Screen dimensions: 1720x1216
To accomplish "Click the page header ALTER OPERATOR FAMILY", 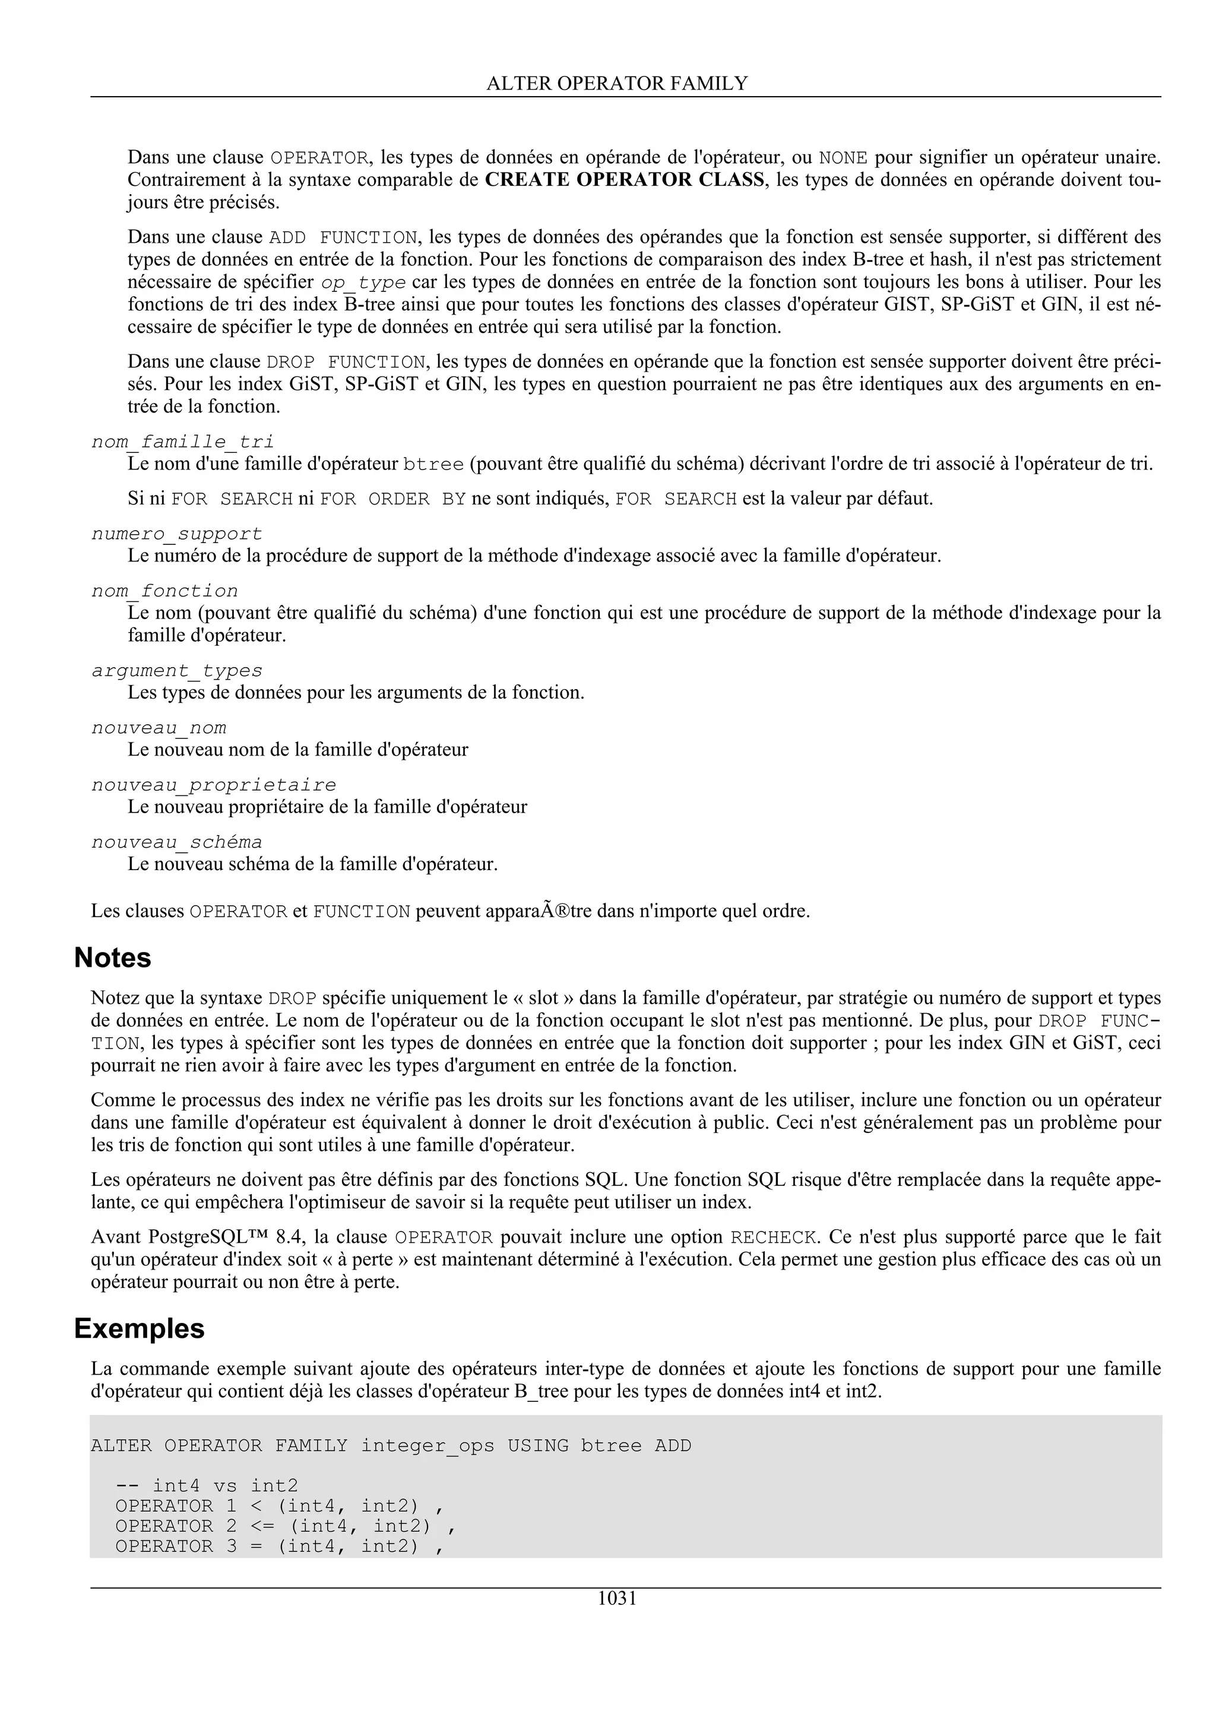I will [617, 83].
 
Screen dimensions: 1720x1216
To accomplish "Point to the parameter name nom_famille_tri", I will [182, 442].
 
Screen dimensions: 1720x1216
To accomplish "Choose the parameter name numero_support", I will [177, 534].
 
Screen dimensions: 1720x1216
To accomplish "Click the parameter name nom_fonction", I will [165, 591].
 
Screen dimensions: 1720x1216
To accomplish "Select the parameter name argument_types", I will [177, 671].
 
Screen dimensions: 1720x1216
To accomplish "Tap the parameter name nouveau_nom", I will [159, 728].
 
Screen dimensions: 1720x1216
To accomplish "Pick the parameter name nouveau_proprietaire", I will [214, 785].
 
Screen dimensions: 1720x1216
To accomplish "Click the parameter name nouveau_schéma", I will [177, 842].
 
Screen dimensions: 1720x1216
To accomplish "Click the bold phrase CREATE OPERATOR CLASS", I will [625, 180].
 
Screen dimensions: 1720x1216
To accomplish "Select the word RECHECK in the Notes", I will [772, 1237].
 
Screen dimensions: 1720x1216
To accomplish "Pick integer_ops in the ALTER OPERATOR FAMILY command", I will [427, 1446].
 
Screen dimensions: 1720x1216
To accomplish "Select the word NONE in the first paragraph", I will [843, 158].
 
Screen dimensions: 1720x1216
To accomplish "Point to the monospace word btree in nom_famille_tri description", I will [433, 465].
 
